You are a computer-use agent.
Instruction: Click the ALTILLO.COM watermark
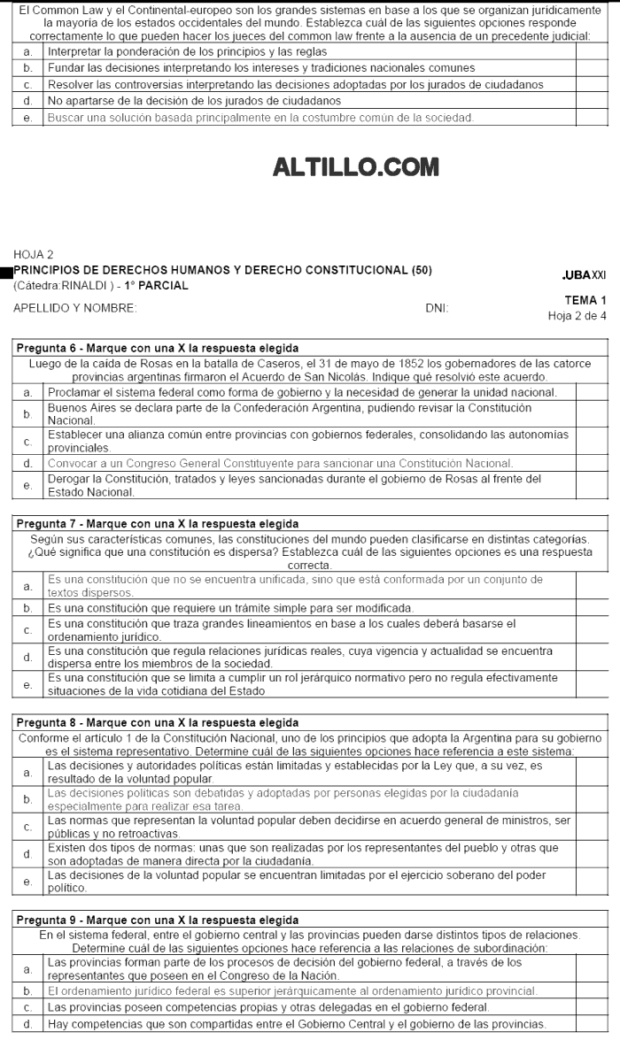point(344,166)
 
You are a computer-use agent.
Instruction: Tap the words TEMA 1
point(585,301)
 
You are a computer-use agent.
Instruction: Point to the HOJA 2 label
point(33,254)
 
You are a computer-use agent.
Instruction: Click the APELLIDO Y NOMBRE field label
point(75,308)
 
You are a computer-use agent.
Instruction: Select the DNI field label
point(437,308)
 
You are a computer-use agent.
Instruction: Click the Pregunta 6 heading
point(157,348)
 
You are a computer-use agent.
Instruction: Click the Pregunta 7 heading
point(157,523)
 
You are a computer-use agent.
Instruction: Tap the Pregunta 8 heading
point(157,723)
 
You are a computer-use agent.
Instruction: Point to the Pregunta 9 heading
point(157,921)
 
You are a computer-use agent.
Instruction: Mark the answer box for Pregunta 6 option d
point(592,463)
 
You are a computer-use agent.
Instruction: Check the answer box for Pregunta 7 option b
point(592,609)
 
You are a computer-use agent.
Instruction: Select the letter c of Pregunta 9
point(28,1007)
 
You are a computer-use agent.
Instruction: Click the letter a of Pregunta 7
point(28,586)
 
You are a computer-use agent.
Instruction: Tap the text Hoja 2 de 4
point(577,315)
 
